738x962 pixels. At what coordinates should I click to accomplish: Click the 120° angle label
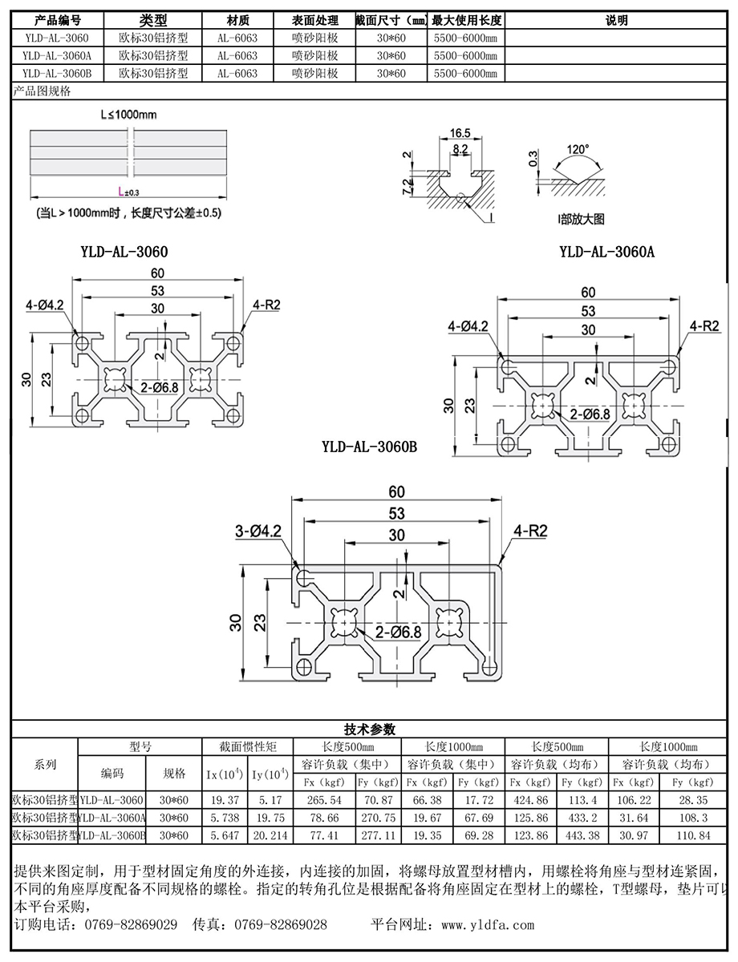pos(578,149)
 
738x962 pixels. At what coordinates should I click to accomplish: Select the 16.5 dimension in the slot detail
pos(460,133)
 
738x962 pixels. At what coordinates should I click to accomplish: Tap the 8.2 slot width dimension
pos(460,149)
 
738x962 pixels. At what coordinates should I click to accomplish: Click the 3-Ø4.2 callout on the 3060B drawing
pos(257,532)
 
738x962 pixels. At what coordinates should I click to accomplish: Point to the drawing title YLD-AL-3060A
pos(606,252)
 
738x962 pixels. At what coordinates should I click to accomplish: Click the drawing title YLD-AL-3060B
pos(370,447)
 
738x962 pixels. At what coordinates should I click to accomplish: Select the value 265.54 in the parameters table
pos(324,800)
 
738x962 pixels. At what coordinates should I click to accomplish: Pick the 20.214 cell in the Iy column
pos(270,835)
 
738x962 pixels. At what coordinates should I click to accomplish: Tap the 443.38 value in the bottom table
pos(582,835)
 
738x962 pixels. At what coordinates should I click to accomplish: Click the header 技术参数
pos(370,730)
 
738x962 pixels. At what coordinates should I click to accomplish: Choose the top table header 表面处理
pos(315,20)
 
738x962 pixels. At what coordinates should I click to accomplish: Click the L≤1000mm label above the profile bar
pos(128,115)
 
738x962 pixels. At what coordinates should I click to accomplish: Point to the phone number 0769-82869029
pos(131,924)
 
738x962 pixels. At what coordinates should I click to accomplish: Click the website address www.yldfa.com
pos(488,925)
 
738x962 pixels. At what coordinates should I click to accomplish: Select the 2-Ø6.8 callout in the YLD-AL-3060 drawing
pos(159,388)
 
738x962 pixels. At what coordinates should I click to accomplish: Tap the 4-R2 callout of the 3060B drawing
pos(530,531)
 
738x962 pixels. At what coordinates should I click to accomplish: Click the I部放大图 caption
pos(581,219)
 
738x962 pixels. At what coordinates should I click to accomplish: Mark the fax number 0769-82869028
pos(281,924)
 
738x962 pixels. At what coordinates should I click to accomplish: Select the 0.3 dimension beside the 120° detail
pos(533,159)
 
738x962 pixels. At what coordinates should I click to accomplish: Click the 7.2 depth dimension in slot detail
pos(407,187)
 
